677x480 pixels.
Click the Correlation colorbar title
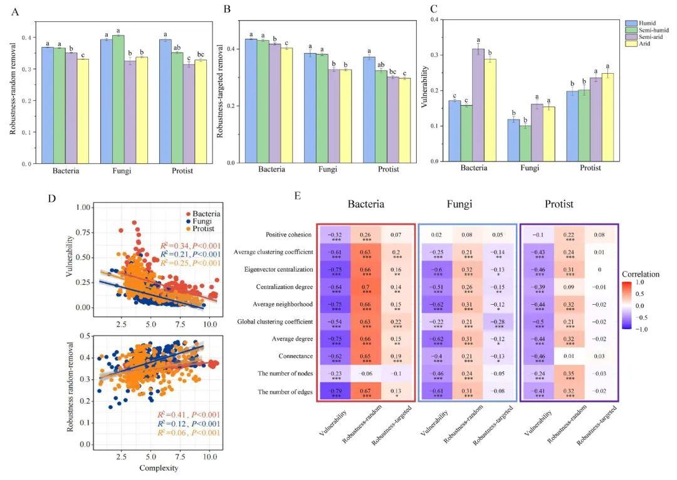[641, 275]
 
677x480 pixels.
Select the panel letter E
[298, 196]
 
